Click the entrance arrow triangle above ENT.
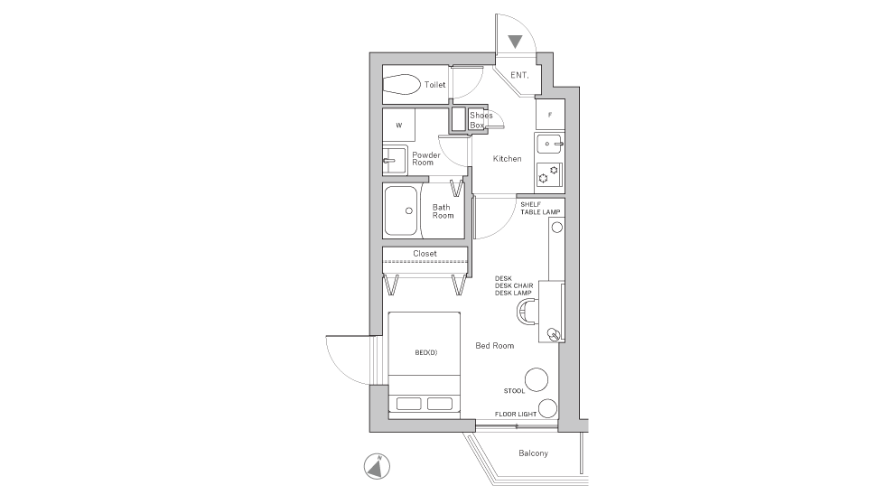pos(515,42)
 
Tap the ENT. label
pos(520,76)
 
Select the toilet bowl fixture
pos(401,85)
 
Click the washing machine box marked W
pos(398,125)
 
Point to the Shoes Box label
pos(481,120)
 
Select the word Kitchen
pos(507,159)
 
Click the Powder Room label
pos(426,158)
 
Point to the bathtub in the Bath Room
pos(399,211)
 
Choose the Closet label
pos(425,254)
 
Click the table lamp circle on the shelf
pos(556,229)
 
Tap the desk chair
pos(526,313)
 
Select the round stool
pos(537,379)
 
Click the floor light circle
pos(546,407)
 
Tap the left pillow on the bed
pos(408,403)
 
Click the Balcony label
pos(533,453)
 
